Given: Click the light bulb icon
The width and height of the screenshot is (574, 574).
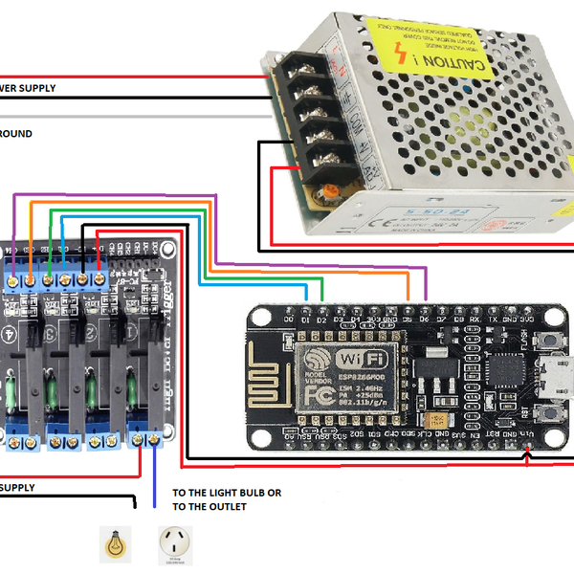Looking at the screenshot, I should (115, 541).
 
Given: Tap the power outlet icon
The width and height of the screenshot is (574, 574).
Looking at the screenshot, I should (174, 543).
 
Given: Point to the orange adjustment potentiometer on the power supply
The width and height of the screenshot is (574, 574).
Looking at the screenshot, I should (329, 191).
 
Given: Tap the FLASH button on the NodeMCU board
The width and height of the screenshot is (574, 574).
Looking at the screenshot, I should (551, 414).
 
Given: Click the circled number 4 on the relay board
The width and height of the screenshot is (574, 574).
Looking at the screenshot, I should (11, 334).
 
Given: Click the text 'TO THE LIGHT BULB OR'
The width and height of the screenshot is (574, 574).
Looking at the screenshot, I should (227, 493).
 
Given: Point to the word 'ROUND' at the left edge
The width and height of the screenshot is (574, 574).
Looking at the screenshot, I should (16, 134).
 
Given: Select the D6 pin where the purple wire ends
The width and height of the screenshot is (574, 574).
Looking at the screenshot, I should (425, 309).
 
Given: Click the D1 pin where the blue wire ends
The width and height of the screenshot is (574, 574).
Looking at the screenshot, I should (305, 309).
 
